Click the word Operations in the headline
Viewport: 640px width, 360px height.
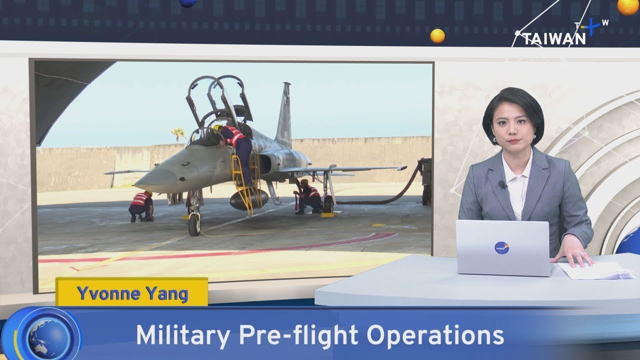pyautogui.click(x=442, y=335)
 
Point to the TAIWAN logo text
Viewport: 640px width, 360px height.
pyautogui.click(x=554, y=38)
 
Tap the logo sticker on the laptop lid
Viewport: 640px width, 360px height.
pyautogui.click(x=501, y=247)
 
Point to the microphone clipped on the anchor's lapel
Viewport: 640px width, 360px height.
pyautogui.click(x=502, y=184)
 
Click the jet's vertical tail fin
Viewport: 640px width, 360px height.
pyautogui.click(x=284, y=115)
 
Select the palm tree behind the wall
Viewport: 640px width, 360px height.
pyautogui.click(x=177, y=133)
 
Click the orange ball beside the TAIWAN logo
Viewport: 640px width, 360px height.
pyautogui.click(x=437, y=36)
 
